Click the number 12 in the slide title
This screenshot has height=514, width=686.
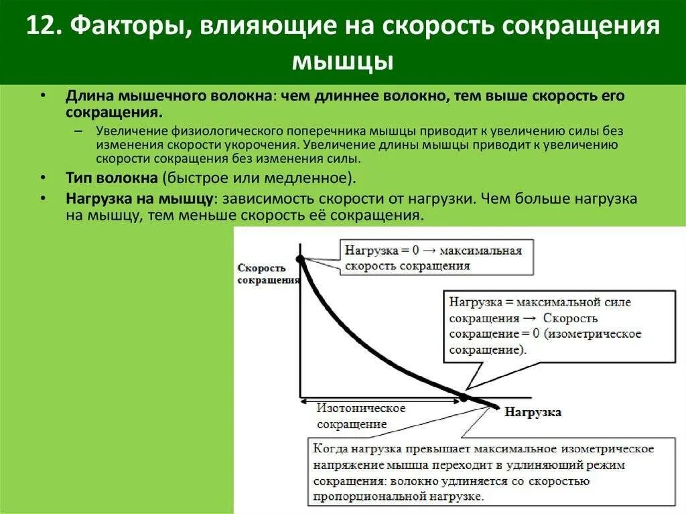tap(40, 29)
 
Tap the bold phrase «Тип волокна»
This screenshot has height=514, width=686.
tap(111, 178)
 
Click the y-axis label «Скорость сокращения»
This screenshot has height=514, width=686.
tap(267, 273)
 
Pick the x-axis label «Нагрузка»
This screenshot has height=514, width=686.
tap(533, 412)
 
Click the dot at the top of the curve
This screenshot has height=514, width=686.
tap(299, 258)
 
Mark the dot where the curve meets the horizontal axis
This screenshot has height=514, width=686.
tap(462, 397)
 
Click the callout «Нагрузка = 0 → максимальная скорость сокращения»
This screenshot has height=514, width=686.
tap(436, 258)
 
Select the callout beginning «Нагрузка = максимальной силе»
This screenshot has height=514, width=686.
tap(543, 326)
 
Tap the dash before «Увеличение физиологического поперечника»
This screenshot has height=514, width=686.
tap(79, 131)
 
